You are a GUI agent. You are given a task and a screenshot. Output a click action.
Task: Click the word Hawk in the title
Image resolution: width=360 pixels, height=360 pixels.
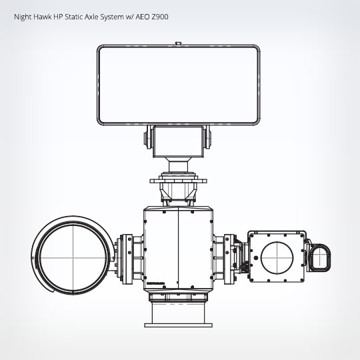45,16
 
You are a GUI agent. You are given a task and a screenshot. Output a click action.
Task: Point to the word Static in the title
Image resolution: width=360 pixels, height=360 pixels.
76,16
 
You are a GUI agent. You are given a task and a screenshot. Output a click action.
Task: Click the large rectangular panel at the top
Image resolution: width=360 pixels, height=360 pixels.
178,84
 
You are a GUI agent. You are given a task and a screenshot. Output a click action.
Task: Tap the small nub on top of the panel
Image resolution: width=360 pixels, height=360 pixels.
178,44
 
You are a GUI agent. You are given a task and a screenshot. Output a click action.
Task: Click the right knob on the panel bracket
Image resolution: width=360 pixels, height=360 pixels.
206,139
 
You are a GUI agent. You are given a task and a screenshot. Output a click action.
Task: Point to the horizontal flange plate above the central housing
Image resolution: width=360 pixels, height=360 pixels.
178,179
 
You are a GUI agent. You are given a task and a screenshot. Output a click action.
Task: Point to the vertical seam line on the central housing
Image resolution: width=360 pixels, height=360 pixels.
178,250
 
